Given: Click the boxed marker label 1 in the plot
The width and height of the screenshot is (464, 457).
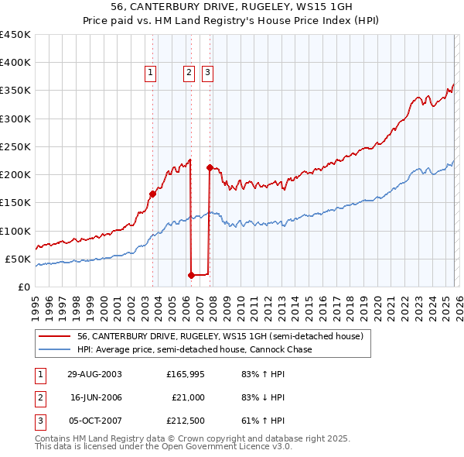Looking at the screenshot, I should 150,74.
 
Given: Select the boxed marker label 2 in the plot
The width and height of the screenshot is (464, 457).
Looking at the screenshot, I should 189,74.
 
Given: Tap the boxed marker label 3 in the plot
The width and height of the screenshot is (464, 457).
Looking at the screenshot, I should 208,74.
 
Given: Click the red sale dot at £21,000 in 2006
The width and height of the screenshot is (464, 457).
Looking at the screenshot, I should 191,274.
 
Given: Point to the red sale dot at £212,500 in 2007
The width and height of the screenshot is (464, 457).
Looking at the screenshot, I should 210,167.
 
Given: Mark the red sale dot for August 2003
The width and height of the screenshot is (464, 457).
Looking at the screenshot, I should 153,194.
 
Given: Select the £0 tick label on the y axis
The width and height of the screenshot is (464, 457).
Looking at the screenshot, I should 24,287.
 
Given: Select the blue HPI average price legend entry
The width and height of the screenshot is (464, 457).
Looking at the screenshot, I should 194,349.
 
